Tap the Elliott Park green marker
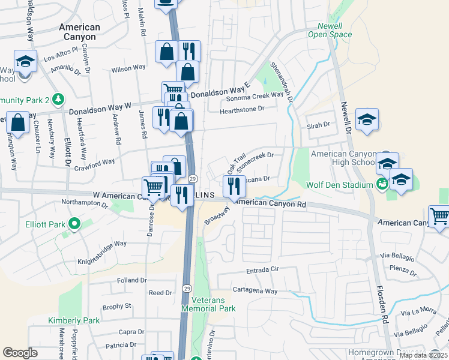74,224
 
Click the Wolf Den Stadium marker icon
381,184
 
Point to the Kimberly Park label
74,320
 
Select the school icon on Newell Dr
367,118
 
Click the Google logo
20,352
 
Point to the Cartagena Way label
255,290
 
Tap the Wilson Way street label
128,68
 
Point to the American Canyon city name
80,32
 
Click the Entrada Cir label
263,269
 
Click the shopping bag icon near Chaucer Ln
19,123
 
